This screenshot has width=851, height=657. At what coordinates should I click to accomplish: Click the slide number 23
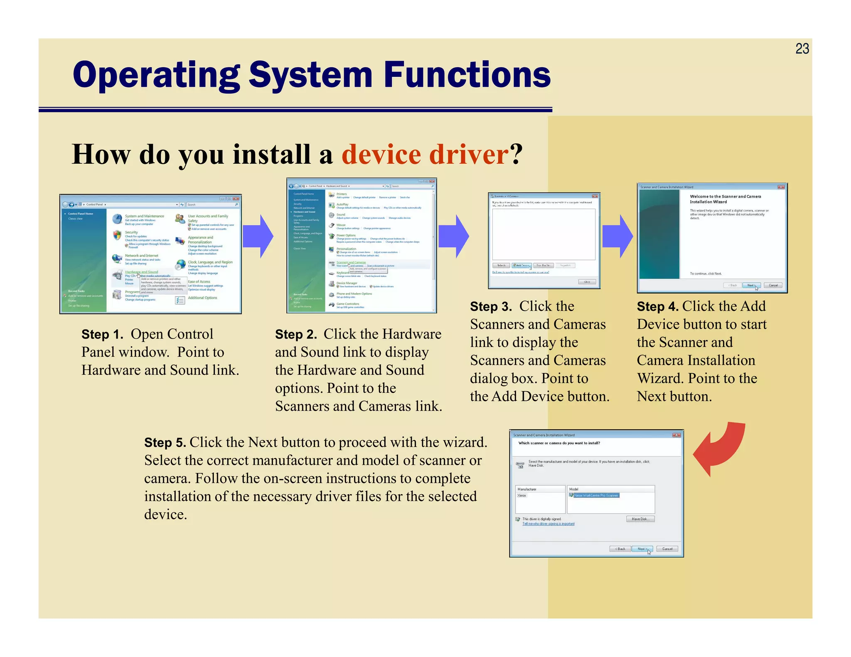[x=802, y=49]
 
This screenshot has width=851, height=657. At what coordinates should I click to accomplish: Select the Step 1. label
[x=102, y=334]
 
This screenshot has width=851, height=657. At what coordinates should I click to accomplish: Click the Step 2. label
[x=296, y=334]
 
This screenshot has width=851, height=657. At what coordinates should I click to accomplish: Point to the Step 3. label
[x=491, y=306]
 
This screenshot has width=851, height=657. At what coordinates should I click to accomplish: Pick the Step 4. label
[x=657, y=306]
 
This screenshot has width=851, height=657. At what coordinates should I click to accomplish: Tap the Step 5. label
[x=165, y=443]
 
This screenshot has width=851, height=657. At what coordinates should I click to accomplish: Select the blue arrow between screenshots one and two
[x=258, y=236]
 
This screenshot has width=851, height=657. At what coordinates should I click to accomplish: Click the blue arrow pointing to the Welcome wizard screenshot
[x=617, y=236]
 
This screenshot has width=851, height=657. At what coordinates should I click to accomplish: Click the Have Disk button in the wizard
[x=640, y=519]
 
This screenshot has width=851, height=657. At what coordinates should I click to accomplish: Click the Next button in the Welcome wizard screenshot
[x=751, y=285]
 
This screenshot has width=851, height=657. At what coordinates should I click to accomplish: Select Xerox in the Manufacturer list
[x=522, y=495]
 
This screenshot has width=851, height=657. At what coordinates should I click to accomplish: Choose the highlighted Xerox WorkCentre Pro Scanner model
[x=596, y=495]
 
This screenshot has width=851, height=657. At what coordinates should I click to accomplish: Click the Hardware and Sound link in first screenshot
[x=141, y=272]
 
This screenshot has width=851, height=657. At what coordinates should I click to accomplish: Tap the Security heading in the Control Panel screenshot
[x=131, y=233]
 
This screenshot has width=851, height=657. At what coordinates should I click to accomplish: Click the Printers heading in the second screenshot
[x=342, y=194]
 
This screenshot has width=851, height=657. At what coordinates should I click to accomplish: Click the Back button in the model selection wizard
[x=620, y=549]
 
